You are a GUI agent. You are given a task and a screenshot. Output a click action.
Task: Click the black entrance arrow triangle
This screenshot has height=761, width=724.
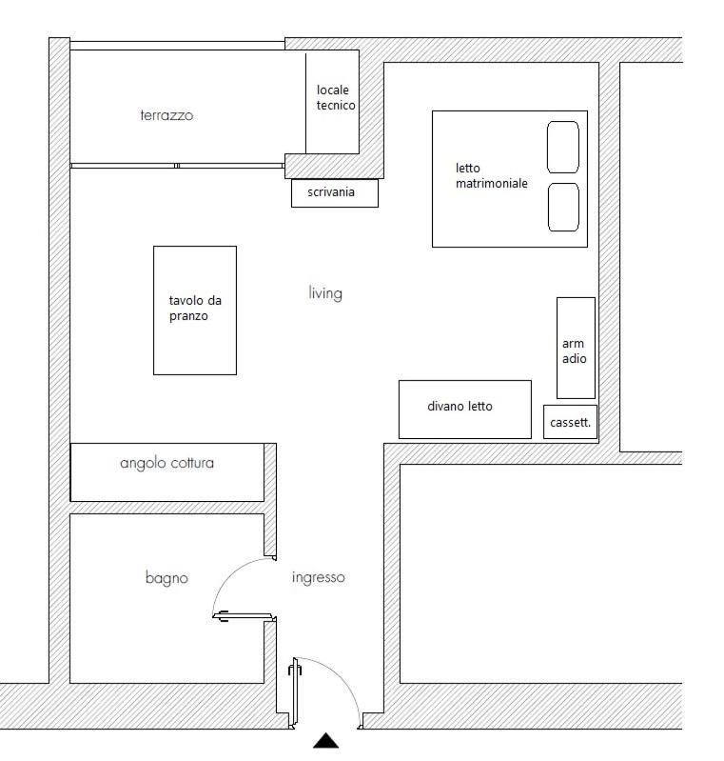(x=326, y=741)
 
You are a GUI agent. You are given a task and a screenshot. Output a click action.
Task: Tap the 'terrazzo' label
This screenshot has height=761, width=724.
(x=166, y=115)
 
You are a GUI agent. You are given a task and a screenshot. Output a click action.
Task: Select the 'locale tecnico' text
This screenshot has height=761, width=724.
(x=336, y=97)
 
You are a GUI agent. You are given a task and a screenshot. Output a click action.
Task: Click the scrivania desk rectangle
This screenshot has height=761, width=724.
(x=334, y=193)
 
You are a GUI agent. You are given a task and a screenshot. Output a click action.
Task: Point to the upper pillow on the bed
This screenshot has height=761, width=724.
(x=563, y=147)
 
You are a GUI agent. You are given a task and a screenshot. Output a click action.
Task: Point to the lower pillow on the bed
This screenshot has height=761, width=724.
(x=563, y=207)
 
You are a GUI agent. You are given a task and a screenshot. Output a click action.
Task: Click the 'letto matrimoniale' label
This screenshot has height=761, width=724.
(x=491, y=175)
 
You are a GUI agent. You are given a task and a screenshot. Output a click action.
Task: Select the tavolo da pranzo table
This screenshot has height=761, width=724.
(x=195, y=310)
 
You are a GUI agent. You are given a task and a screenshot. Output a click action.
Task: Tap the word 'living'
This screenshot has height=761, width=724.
(x=324, y=292)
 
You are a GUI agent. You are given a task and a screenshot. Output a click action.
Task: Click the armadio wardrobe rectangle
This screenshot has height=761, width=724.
(x=576, y=348)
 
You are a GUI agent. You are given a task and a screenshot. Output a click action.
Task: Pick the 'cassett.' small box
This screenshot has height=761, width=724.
(x=570, y=422)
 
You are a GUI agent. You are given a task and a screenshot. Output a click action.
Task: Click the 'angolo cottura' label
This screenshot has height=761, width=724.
(x=166, y=463)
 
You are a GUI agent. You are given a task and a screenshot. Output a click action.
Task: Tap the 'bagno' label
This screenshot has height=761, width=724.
(x=166, y=577)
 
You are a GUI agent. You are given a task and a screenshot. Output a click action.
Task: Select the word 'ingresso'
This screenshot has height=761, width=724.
(x=318, y=577)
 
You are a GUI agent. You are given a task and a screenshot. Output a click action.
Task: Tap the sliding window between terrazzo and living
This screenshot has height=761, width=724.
(x=177, y=166)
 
